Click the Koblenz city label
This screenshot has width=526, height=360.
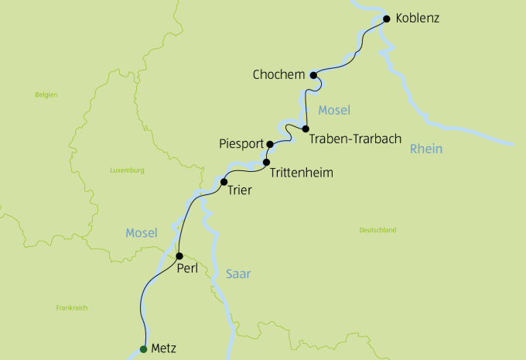417,18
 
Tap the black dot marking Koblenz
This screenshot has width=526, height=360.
387,19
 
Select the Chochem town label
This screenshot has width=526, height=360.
278,75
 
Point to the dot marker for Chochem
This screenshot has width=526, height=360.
313,75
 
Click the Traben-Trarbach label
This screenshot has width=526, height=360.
355,139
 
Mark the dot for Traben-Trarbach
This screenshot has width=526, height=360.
306,129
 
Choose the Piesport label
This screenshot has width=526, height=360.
241,144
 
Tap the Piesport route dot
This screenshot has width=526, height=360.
269,144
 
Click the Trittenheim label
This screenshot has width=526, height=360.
302,173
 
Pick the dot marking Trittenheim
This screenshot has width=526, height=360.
266,163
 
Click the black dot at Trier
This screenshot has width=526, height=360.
224,182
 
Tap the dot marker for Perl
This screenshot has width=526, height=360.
179,255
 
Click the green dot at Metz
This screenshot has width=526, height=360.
143,348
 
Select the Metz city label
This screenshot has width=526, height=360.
169,348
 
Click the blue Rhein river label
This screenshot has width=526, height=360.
427,149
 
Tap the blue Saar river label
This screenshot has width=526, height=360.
239,273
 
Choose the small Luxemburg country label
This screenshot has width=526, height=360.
128,170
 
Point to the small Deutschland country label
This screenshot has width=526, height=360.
377,230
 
